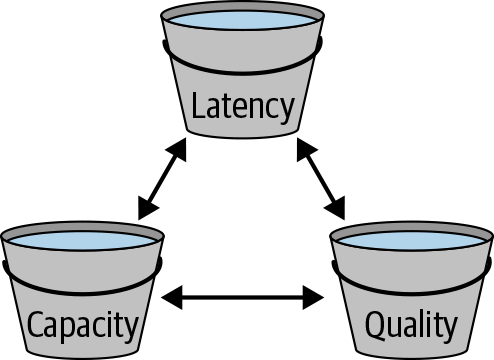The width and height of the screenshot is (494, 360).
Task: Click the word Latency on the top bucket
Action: pos(244,105)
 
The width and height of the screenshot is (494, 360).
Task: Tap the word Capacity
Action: pos(82,325)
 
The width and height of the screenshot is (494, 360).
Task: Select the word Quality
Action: pos(411,325)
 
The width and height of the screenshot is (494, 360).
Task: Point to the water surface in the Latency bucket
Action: pos(244,19)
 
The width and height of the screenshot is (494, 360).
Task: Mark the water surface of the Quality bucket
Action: pos(411,239)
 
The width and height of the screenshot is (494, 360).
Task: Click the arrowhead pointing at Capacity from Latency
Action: pos(146,210)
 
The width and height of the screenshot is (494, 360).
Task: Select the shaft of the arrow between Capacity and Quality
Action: pos(244,296)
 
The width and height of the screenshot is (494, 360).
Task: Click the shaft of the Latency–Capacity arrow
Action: pos(161,179)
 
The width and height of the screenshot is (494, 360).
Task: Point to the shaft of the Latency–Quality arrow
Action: pos(319,179)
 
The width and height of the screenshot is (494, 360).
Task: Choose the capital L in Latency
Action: pos(199,104)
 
